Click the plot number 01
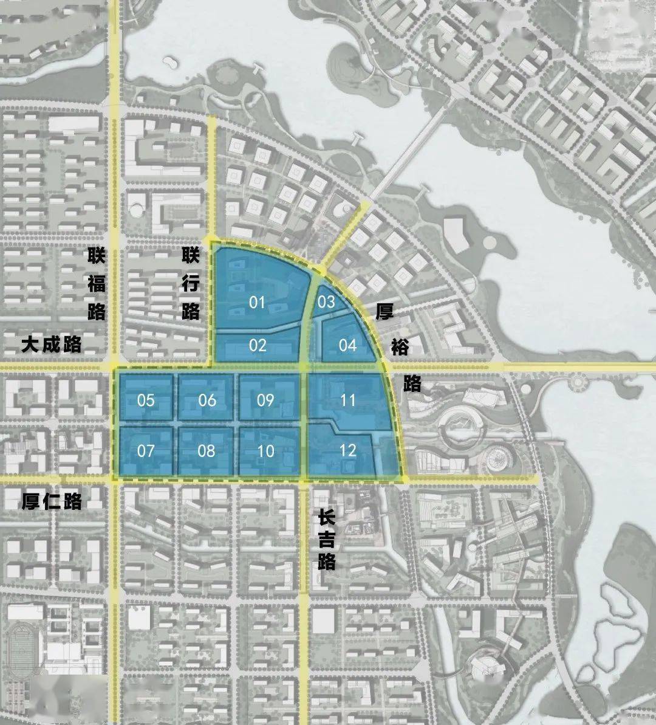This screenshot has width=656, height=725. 258,301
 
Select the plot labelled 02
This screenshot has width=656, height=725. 258,345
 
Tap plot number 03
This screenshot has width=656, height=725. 326,301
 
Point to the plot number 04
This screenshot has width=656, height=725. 347,345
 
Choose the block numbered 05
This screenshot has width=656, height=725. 146,400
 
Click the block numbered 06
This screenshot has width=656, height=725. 207,400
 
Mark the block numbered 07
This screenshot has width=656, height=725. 146,451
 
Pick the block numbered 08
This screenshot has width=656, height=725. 207,451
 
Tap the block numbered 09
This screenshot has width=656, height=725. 265,400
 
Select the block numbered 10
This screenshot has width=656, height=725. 265,452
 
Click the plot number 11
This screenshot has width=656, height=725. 347,400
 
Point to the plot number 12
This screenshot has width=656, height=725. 347,450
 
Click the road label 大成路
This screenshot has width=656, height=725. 52,345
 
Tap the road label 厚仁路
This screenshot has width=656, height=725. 52,501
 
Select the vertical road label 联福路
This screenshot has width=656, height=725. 97,283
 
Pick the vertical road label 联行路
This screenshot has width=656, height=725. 191,283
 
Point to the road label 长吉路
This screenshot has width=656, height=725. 326,540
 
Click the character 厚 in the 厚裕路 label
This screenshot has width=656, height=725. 384,312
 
